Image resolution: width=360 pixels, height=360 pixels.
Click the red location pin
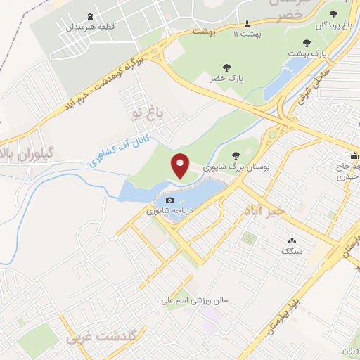(x=181, y=165)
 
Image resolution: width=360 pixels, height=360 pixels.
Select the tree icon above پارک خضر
(x=226, y=67)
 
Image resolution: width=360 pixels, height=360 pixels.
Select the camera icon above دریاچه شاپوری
(x=169, y=200)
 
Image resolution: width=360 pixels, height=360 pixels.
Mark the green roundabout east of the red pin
(x=271, y=134)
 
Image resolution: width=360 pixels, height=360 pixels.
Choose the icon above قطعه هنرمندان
(x=89, y=16)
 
